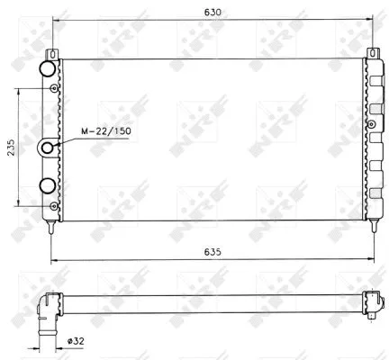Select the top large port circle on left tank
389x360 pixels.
(x=45, y=69)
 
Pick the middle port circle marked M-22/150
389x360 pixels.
(x=46, y=147)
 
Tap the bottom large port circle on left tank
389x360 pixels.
(x=46, y=186)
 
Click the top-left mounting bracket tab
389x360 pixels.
(x=54, y=55)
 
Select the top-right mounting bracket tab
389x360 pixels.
(x=369, y=55)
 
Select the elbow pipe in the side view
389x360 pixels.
(x=46, y=315)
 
